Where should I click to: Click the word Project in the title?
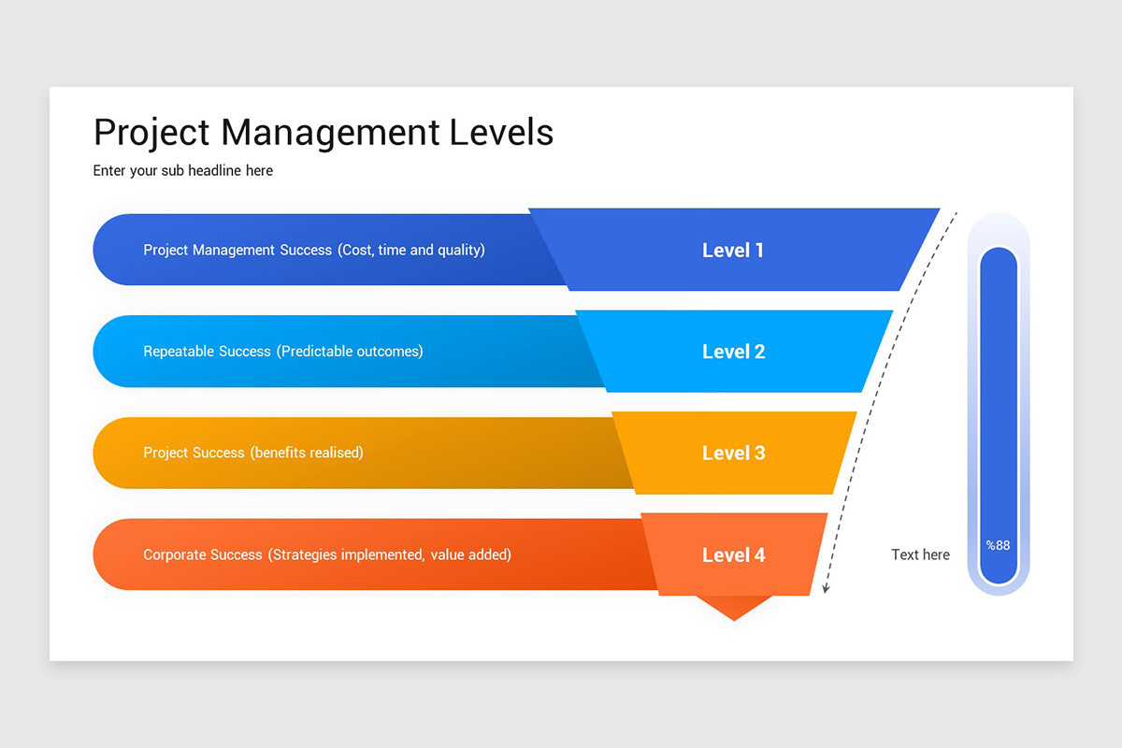[152, 133]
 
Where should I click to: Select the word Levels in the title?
[501, 133]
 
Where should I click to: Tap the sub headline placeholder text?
[183, 171]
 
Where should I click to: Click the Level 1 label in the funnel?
[733, 251]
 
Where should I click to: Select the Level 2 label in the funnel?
[733, 352]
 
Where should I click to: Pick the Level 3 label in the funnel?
[733, 453]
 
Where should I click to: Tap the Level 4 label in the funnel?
[733, 554]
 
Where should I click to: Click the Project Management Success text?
[237, 251]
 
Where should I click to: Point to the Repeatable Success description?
[282, 352]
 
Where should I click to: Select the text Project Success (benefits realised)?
[252, 453]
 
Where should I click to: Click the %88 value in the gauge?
[998, 545]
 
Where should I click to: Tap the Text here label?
[920, 554]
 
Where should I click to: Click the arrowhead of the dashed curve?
[825, 588]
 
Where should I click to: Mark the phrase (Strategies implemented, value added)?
[390, 554]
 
